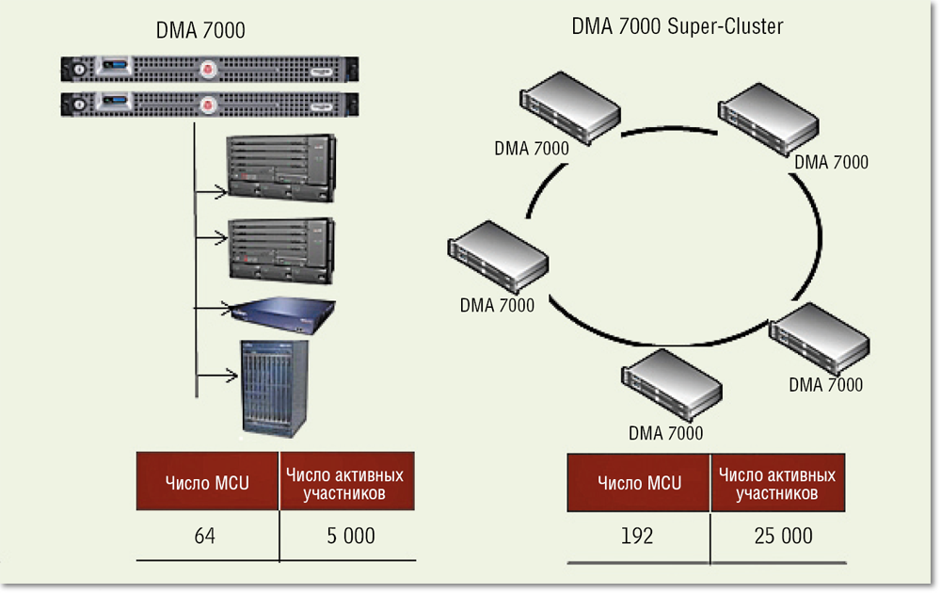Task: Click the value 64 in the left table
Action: click(205, 536)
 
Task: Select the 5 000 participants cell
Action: click(351, 536)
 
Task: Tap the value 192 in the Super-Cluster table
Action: click(637, 536)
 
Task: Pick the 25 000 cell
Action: click(783, 536)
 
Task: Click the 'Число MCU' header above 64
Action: click(207, 483)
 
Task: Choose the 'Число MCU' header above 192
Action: click(639, 483)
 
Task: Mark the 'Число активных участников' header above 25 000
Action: click(776, 483)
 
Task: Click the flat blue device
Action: click(283, 313)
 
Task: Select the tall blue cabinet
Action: click(280, 387)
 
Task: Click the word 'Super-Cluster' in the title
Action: click(725, 26)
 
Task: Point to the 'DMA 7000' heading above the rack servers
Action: click(200, 31)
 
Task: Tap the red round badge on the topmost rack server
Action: click(208, 68)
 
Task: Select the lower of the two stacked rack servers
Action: click(211, 103)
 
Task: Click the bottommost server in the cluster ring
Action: click(671, 384)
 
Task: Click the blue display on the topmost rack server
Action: click(117, 67)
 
